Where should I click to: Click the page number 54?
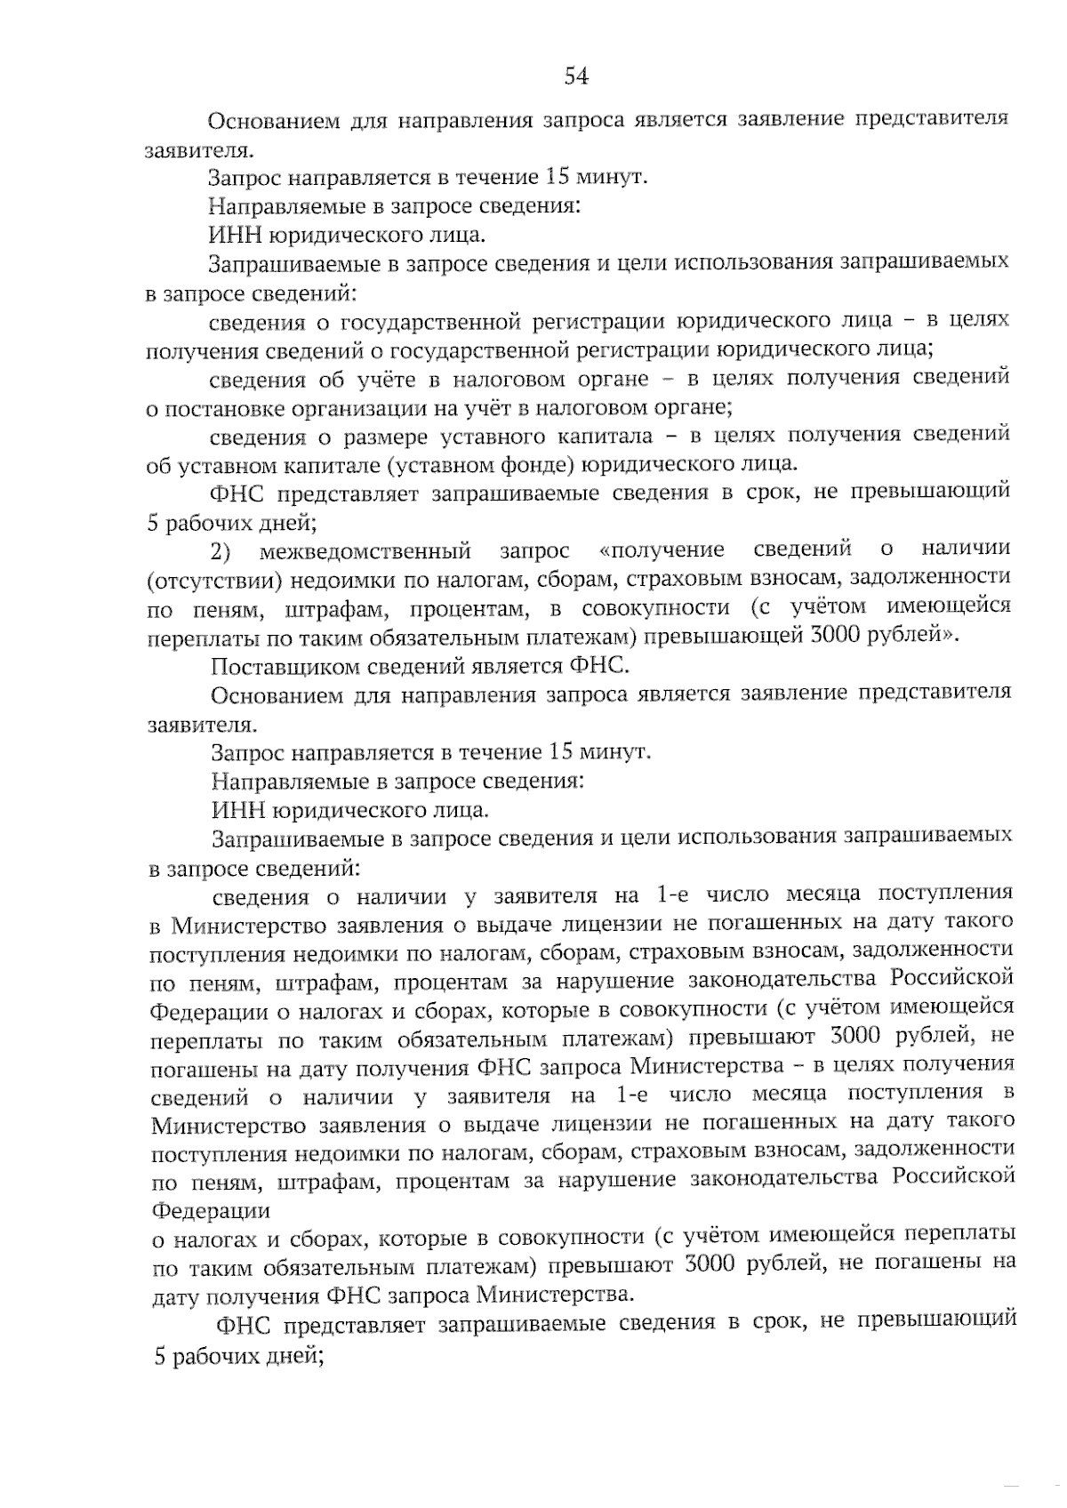(x=577, y=76)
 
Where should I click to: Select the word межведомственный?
(x=365, y=551)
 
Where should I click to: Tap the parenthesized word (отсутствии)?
(x=217, y=580)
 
